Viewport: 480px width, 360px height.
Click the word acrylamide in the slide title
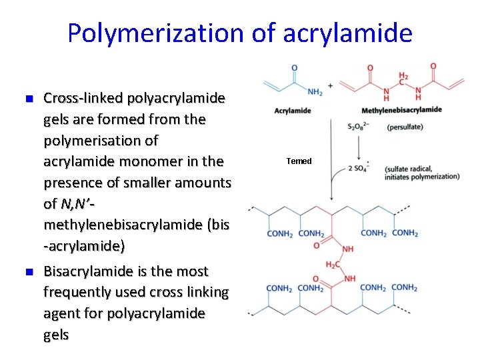coord(347,32)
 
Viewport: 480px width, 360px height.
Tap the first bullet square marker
coord(28,99)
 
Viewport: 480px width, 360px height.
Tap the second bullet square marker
coord(28,272)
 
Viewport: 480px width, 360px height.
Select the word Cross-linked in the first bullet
coord(83,99)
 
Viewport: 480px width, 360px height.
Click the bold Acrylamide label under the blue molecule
coord(293,111)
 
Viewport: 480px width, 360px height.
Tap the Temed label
coord(299,161)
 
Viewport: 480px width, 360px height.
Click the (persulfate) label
coord(405,127)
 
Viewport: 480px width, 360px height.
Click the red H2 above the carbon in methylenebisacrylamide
coord(403,77)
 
